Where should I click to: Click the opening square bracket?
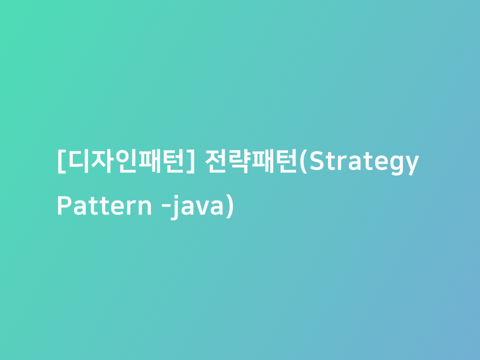click(61, 162)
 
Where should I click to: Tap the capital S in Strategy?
click(316, 162)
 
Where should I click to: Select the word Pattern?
click(104, 206)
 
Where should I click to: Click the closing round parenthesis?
click(229, 207)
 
